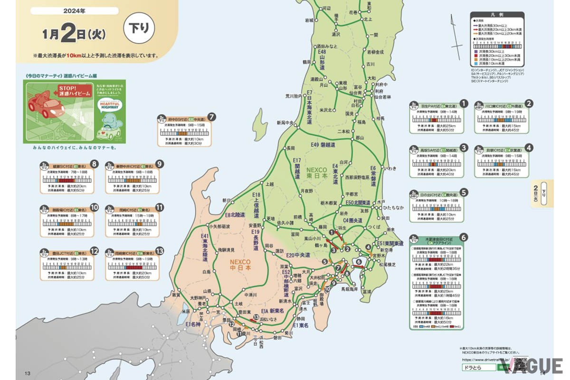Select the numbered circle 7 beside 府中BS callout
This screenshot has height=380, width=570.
point(212,117)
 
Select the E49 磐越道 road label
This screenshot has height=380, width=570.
point(323,144)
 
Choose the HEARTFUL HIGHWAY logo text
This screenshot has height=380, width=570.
point(110,106)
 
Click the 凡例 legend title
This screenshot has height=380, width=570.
point(497,16)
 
